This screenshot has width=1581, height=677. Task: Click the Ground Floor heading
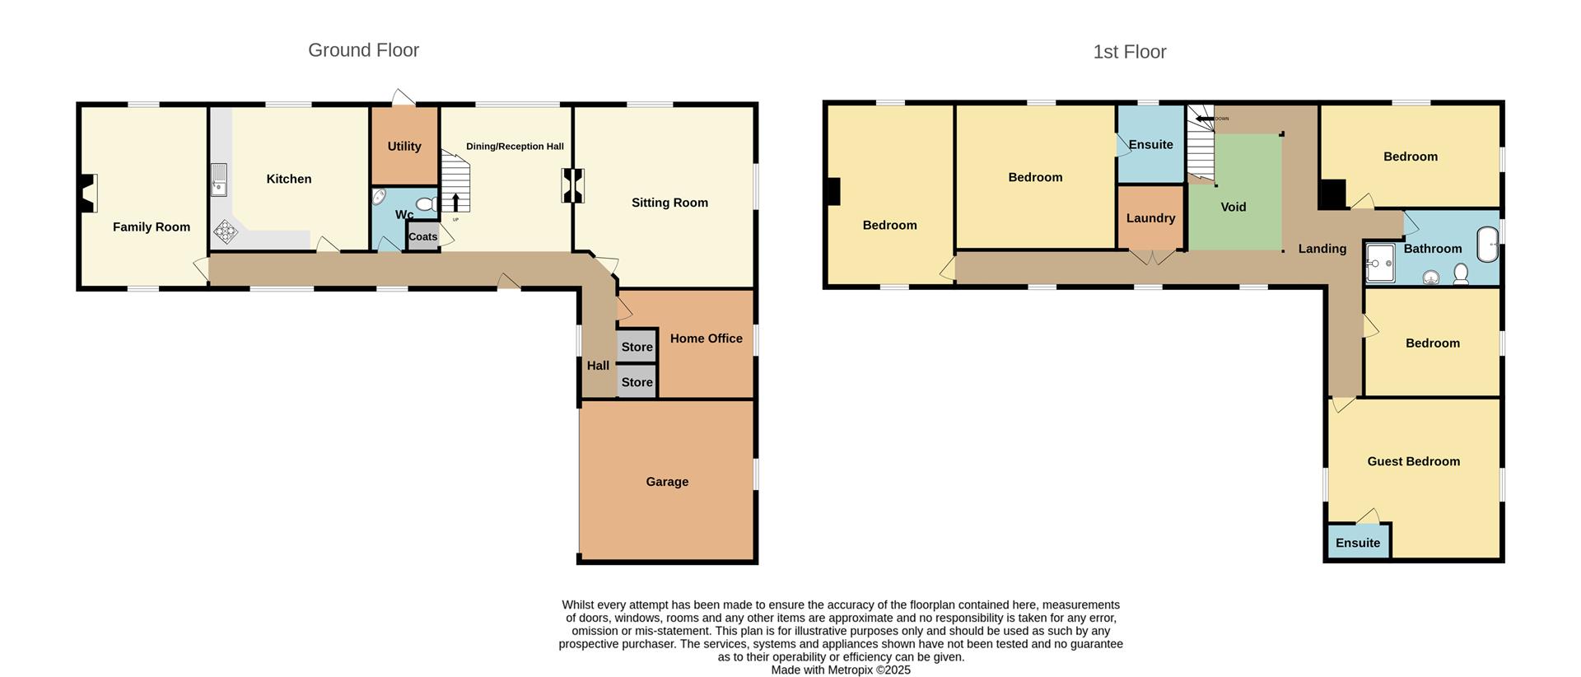[x=363, y=50]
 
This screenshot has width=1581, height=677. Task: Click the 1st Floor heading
[x=1129, y=52]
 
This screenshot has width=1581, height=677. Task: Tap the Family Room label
[x=152, y=227]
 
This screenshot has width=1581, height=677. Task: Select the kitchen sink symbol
[x=218, y=180]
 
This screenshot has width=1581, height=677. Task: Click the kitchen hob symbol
[x=226, y=231]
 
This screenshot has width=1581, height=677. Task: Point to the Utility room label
[x=404, y=147]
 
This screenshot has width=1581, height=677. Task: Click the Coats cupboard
[x=423, y=236]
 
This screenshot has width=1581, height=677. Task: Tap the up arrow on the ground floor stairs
[x=456, y=203]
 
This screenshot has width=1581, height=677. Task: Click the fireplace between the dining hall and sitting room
[x=573, y=185]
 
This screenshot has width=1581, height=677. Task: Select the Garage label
[x=667, y=482]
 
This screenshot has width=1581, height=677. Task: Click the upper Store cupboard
[x=637, y=347]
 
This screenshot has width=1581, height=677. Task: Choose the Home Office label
[x=706, y=338]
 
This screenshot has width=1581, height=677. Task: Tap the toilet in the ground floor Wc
[x=427, y=203]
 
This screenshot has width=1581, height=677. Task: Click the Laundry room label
[x=1150, y=218]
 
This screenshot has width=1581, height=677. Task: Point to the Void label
[x=1233, y=208]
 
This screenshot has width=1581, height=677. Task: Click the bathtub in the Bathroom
[x=1487, y=245]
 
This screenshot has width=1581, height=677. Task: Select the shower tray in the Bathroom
[x=1380, y=263]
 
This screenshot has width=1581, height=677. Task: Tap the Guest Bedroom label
[x=1413, y=461]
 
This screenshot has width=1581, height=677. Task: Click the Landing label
[x=1322, y=249]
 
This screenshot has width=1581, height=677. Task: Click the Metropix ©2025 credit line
[x=841, y=670]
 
